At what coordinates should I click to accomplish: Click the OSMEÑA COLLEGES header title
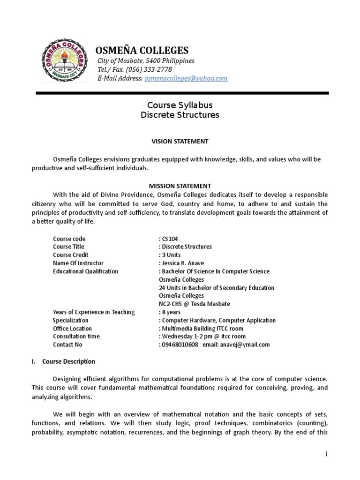(x=142, y=51)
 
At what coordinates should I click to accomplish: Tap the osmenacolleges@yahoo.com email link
(x=186, y=78)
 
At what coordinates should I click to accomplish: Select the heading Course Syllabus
(x=180, y=105)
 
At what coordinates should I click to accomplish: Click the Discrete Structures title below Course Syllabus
(x=180, y=115)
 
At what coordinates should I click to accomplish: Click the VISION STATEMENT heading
(x=180, y=141)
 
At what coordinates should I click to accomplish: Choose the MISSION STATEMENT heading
(x=180, y=186)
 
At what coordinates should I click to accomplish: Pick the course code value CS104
(x=170, y=239)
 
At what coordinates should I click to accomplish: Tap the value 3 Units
(x=171, y=255)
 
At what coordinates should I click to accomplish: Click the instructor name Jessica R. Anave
(x=183, y=263)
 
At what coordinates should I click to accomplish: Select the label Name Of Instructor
(x=78, y=263)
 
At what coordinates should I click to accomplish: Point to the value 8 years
(x=171, y=312)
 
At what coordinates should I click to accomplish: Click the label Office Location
(x=72, y=329)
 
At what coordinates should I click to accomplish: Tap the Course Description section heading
(x=68, y=361)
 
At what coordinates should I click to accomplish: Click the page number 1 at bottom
(x=326, y=454)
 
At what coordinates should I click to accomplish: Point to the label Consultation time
(x=76, y=337)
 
